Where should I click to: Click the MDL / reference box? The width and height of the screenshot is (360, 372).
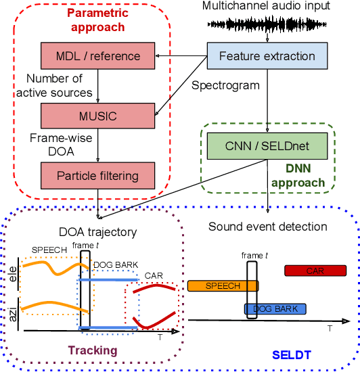click(x=99, y=56)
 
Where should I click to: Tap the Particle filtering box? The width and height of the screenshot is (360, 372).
click(x=99, y=176)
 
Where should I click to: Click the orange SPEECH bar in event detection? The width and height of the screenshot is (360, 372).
click(x=223, y=286)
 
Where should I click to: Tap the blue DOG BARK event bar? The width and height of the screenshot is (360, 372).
click(x=275, y=309)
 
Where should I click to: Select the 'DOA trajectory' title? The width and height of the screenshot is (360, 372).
click(x=98, y=233)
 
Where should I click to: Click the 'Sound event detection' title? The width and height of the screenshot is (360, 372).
click(x=267, y=227)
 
